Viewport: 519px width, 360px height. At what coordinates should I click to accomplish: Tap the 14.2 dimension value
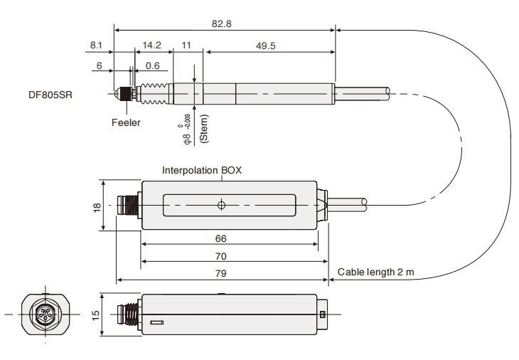152,46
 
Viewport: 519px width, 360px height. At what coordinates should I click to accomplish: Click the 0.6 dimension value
152,65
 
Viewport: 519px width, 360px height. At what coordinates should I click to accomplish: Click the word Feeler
126,122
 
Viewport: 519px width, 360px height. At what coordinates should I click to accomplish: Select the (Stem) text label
204,129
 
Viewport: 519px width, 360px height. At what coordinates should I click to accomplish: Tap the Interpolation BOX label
202,170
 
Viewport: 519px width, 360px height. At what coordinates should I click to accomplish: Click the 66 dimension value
220,238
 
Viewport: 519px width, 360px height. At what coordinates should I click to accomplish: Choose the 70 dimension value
220,255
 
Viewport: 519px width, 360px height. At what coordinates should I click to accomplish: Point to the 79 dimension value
220,273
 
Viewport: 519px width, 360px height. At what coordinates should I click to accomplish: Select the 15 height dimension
97,314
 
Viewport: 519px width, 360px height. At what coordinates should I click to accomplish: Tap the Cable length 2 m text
375,272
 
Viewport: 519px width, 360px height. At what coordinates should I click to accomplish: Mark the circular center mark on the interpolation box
221,206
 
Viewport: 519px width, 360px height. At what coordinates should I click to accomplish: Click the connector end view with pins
46,314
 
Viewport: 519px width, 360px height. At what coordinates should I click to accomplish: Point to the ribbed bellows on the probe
156,93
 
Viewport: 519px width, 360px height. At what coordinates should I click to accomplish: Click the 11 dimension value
187,46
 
